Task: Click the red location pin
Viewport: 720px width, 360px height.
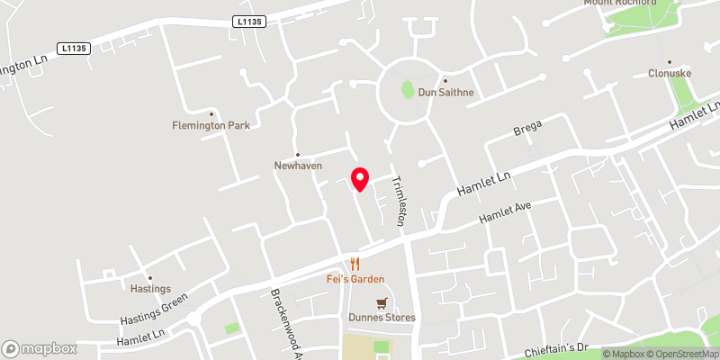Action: click(x=360, y=178)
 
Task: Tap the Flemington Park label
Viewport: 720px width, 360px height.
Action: click(x=211, y=126)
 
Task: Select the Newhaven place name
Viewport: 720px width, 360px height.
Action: click(x=298, y=166)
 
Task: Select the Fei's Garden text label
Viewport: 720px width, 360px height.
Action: click(x=355, y=279)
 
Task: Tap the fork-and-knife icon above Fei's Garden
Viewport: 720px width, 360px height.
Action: click(x=355, y=264)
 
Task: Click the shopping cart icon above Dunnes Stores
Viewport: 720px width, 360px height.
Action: click(x=382, y=303)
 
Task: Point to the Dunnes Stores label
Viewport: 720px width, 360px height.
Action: click(x=382, y=318)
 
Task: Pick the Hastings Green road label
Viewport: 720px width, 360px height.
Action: click(x=154, y=309)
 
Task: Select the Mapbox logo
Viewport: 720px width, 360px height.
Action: click(x=39, y=348)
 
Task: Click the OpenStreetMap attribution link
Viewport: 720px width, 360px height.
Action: click(x=677, y=354)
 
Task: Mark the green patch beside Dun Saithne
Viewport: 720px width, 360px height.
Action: click(x=407, y=90)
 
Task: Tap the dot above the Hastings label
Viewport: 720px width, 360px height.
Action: click(x=150, y=278)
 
